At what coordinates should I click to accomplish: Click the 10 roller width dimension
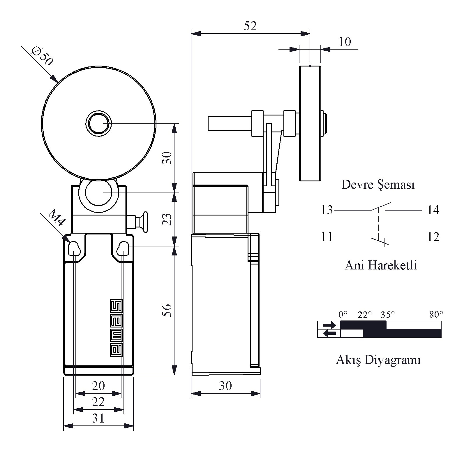(345, 42)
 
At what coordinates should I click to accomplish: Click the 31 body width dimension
(98, 418)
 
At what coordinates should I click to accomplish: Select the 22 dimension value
(98, 402)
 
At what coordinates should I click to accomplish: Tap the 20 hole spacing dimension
(98, 386)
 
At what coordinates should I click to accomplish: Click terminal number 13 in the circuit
(327, 210)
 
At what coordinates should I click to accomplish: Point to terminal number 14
(433, 210)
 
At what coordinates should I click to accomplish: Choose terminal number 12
(433, 237)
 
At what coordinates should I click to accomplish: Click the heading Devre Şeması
(378, 185)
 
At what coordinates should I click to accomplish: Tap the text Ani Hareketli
(381, 265)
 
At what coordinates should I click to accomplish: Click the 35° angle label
(388, 315)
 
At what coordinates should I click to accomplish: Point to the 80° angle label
(436, 315)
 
